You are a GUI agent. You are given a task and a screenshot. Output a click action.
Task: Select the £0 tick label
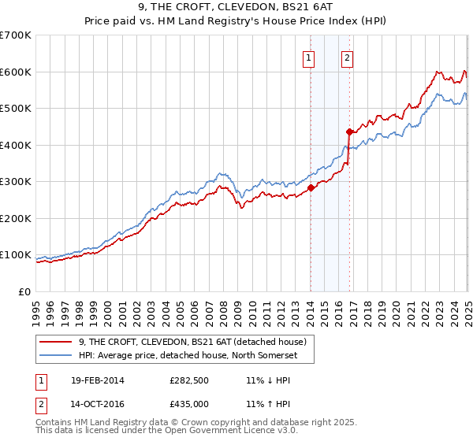point(25,291)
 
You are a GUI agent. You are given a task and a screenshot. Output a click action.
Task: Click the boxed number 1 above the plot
point(308,57)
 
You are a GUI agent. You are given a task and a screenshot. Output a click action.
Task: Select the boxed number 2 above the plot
point(347,57)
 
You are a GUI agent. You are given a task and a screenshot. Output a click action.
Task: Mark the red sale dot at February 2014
point(311,187)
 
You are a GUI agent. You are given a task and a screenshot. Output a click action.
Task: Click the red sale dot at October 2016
point(348,132)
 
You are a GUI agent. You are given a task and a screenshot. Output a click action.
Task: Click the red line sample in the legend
point(57,342)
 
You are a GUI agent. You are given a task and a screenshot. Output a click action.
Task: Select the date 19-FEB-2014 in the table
point(97,380)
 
